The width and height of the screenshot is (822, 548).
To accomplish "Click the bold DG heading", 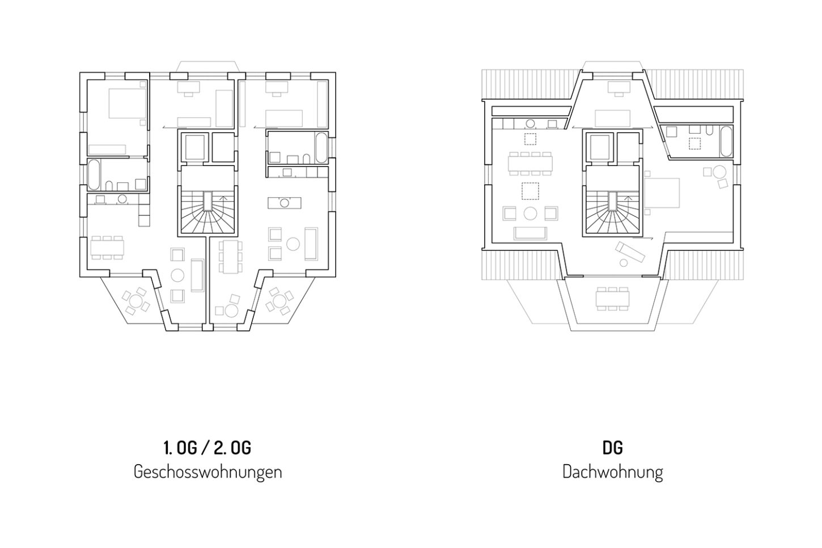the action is (612, 448).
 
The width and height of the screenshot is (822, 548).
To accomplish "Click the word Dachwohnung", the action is (612, 471).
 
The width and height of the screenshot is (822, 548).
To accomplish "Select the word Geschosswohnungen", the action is (207, 471).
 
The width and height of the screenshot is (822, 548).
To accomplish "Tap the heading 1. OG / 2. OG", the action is (207, 448).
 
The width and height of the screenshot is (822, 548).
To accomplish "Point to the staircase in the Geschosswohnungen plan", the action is (207, 211).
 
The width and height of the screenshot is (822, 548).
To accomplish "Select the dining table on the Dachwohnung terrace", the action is (612, 299).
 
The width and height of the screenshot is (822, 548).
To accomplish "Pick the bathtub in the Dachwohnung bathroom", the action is (726, 141).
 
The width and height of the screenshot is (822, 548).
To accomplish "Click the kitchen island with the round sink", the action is (285, 203).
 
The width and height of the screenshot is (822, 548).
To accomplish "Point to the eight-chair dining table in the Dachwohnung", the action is (530, 163).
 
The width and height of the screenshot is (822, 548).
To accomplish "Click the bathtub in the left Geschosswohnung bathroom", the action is (94, 175).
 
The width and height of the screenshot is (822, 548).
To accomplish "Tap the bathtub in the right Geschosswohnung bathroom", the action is (321, 147).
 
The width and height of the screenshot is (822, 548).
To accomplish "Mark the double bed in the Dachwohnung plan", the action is (662, 193).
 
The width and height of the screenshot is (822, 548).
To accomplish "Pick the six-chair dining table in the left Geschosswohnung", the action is (107, 248).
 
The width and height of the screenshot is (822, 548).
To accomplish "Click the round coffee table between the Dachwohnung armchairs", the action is (530, 213).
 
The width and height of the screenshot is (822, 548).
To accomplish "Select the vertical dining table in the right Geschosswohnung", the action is (231, 256).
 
